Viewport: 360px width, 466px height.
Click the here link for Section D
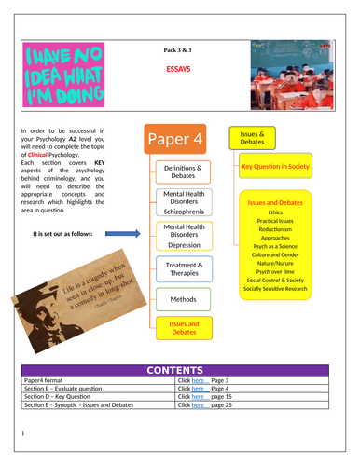point(198,398)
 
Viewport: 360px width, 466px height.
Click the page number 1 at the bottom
point(21,434)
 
